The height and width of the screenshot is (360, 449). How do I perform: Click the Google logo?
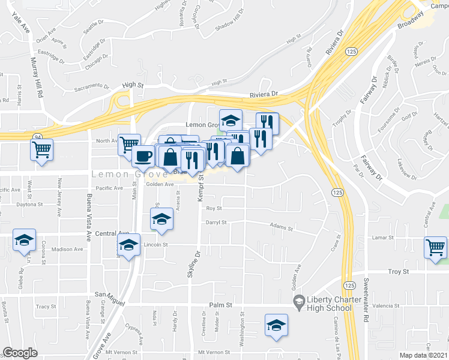(x=20, y=353)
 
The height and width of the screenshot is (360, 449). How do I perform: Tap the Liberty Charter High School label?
(x=329, y=304)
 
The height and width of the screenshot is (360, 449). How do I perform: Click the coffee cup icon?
(x=142, y=156)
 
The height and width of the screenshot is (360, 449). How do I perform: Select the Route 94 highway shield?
(x=37, y=136)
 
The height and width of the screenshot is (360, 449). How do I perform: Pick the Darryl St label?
(x=216, y=223)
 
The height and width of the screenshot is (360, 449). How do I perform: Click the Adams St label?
(x=280, y=228)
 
